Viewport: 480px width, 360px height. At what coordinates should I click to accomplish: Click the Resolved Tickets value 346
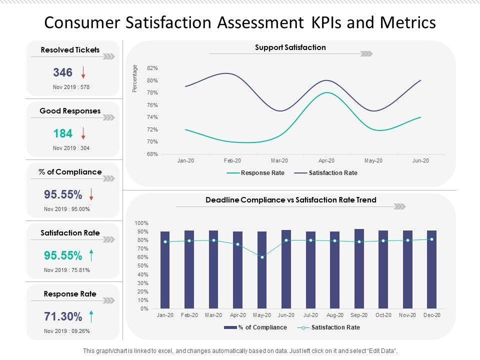coord(62,72)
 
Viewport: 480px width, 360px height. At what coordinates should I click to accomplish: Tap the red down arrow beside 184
coord(83,133)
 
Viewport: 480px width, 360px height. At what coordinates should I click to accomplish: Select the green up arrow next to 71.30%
coord(91,316)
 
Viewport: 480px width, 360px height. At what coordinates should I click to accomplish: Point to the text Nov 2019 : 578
coord(71,87)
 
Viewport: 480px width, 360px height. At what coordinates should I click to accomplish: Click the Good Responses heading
coord(70,111)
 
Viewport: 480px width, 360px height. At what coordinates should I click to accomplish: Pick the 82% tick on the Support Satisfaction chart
coord(152,68)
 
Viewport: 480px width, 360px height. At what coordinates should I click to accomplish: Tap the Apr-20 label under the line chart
coord(326,160)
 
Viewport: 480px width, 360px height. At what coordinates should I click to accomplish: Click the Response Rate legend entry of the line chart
coord(256,173)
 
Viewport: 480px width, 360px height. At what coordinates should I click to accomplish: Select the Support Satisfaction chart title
coord(290,47)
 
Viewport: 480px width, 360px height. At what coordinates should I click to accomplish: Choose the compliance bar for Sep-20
coord(359,269)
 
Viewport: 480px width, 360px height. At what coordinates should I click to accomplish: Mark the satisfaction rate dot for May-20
coord(262,257)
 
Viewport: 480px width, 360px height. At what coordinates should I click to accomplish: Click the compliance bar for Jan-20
coord(165,270)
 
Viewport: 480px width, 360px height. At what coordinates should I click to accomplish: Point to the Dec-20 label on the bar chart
coord(431,315)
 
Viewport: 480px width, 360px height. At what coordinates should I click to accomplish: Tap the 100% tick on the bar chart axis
coord(141,223)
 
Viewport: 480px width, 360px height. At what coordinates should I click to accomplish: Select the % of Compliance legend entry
coord(255,327)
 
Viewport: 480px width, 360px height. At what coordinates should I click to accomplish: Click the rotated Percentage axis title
coord(134,78)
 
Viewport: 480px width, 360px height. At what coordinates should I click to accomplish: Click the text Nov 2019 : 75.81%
coord(67,270)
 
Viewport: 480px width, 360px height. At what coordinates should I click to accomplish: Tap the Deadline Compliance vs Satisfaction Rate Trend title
coord(291,200)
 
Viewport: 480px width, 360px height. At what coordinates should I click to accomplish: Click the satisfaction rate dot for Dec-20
coord(431,239)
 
